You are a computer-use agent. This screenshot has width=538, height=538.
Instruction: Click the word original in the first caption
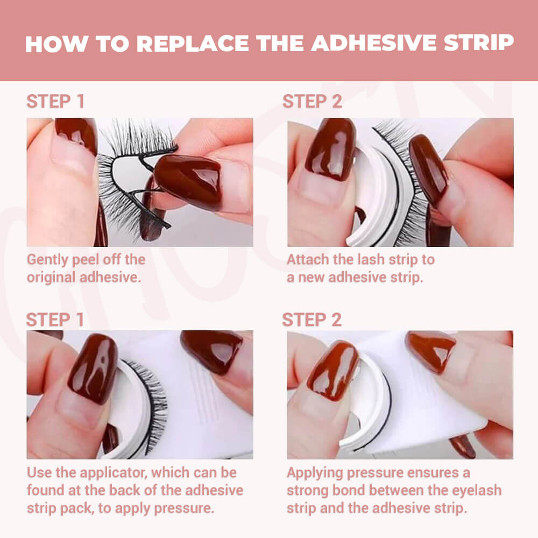point(51,277)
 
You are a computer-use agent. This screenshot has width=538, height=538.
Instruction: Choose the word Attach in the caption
point(307,259)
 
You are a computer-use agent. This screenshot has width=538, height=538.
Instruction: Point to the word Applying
point(315,473)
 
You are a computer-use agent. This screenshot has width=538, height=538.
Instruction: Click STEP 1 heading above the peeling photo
point(55,102)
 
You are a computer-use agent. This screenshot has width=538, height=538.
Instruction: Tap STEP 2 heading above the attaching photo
point(312,102)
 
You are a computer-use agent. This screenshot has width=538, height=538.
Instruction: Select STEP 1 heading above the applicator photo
point(55,320)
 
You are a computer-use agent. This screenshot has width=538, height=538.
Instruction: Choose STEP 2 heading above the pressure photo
point(312,320)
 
